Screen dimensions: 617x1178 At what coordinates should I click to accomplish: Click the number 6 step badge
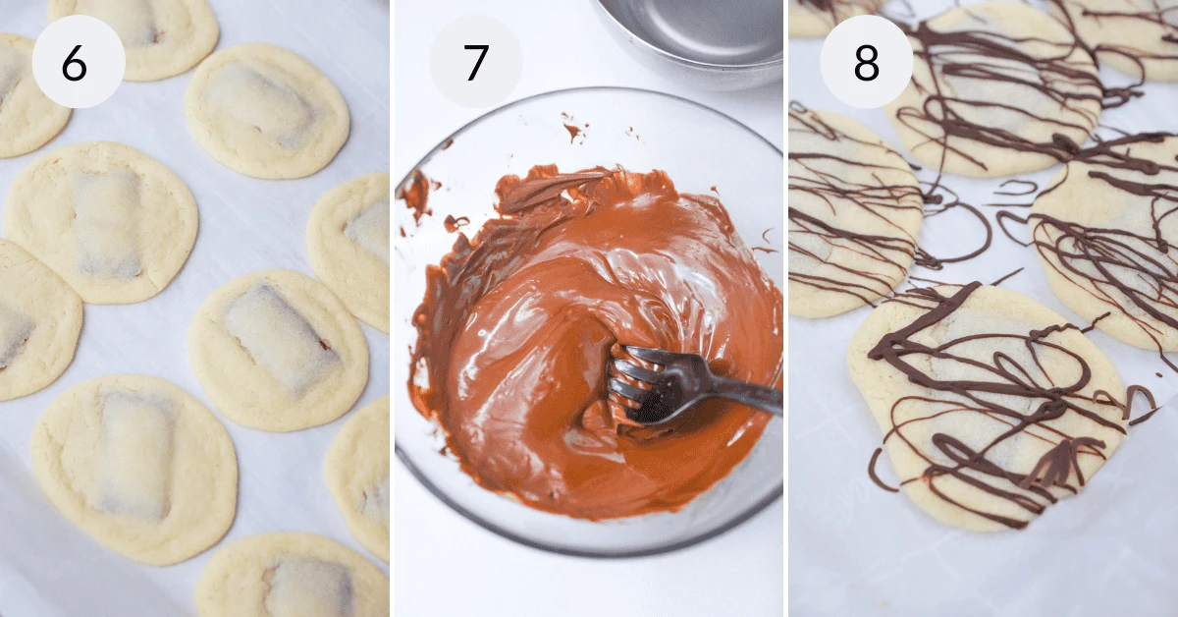pyautogui.click(x=78, y=62)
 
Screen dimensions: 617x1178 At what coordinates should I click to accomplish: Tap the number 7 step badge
pyautogui.click(x=475, y=62)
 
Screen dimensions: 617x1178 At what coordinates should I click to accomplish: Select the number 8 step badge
pyautogui.click(x=866, y=62)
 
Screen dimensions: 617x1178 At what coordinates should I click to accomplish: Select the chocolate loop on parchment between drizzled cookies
pyautogui.click(x=957, y=231)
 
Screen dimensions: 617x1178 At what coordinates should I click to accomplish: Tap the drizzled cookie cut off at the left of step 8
pyautogui.click(x=844, y=211)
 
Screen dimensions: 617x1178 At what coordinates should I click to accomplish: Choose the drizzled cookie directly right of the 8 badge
pyautogui.click(x=991, y=88)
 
